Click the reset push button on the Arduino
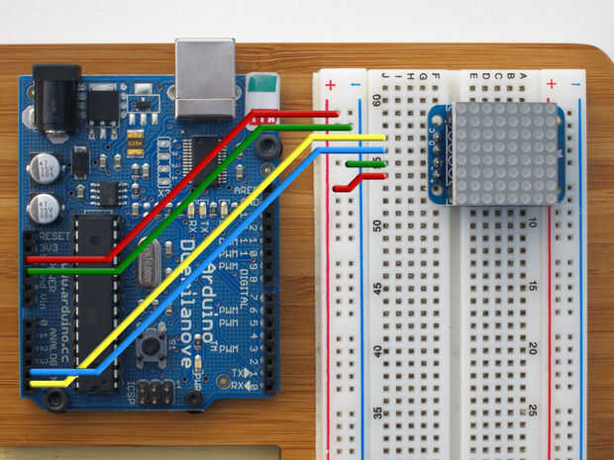(152, 346)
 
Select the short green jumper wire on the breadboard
(365, 163)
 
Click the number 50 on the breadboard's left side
(376, 227)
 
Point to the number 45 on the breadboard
(376, 289)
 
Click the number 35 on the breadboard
(376, 414)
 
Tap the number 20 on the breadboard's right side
(533, 348)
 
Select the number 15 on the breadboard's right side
(533, 286)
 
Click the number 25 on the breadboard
(533, 410)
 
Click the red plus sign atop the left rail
(330, 85)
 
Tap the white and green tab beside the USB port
(260, 89)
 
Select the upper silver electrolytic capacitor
(45, 167)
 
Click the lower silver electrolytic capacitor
(45, 209)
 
